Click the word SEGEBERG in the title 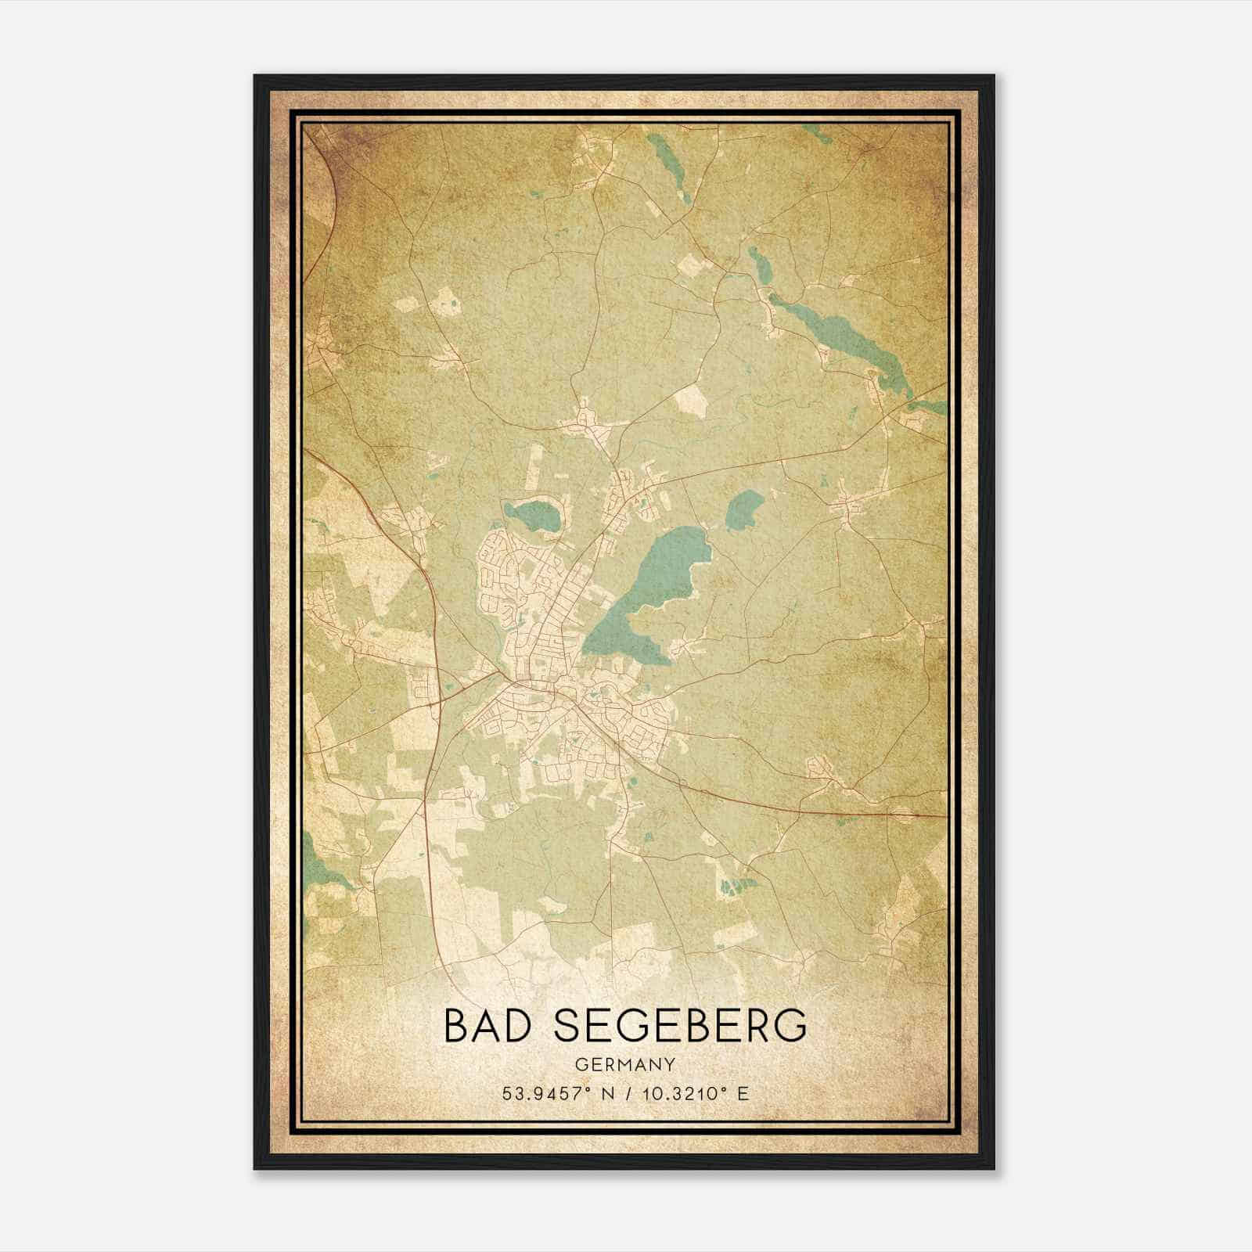coord(680,1026)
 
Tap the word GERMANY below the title coord(624,1064)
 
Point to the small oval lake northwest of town coord(533,516)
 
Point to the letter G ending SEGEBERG coord(790,1026)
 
